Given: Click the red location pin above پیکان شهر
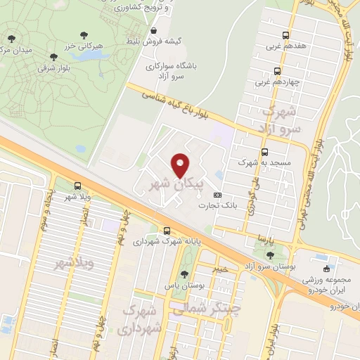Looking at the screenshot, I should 181,165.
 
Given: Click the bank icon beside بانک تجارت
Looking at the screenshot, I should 217,195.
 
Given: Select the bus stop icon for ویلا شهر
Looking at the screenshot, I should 77,186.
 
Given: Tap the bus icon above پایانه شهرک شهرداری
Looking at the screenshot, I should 167,231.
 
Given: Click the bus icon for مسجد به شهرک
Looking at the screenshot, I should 264,152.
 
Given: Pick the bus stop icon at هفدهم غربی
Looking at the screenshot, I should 285,35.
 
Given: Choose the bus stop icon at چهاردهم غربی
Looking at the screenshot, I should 276,71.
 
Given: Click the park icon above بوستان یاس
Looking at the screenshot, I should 184,274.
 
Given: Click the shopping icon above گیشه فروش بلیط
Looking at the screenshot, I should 154,31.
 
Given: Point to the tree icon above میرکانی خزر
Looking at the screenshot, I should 84,34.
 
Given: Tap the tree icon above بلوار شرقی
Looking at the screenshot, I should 54,57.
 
